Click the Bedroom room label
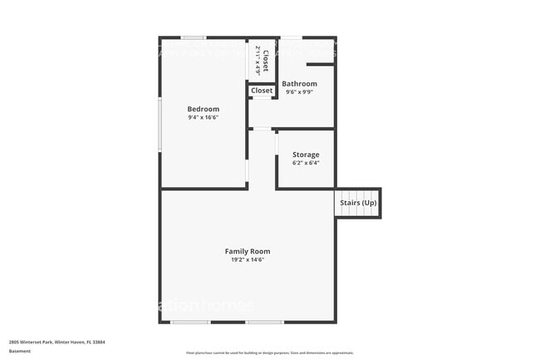pos(203,109)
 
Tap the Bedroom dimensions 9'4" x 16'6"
pos(203,117)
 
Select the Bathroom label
pos(299,83)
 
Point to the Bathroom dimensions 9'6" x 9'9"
pos(299,91)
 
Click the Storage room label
pos(306,155)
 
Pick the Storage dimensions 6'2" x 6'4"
pos(306,163)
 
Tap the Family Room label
pos(248,251)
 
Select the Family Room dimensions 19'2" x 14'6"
pos(248,259)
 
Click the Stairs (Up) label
pos(358,203)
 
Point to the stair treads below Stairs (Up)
pos(358,213)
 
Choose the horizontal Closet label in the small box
pos(262,91)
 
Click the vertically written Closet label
pos(266,59)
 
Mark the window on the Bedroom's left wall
pos(160,125)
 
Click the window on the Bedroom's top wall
pos(194,37)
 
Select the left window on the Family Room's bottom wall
pos(190,322)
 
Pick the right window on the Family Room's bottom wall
pos(264,322)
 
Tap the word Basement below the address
pos(20,351)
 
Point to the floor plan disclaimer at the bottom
pos(269,353)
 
